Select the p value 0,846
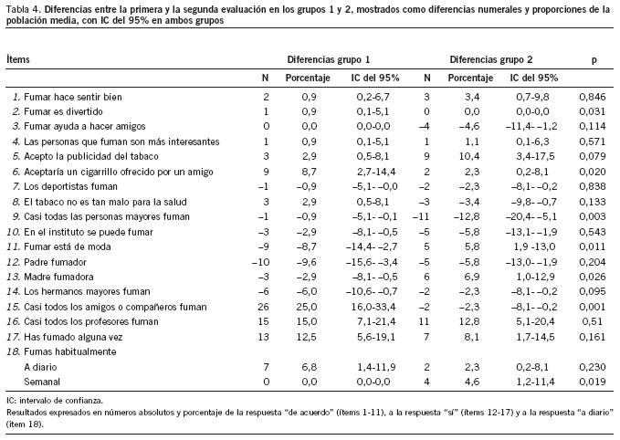pos(594,96)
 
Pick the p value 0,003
pos(594,216)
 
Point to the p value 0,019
pos(594,381)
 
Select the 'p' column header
pos(594,58)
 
